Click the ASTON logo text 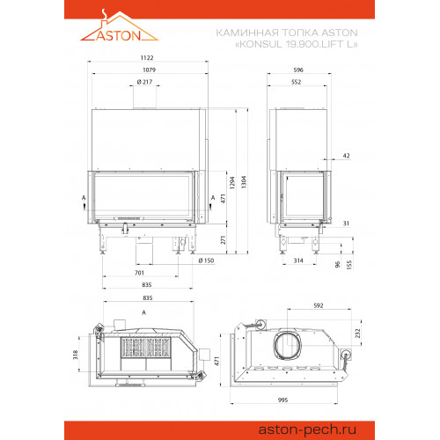coord(119,35)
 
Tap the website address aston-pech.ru coord(307,429)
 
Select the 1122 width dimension coord(147,58)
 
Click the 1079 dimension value coord(149,70)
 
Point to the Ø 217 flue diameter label coord(144,82)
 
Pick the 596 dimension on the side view coord(298,70)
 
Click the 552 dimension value coord(297,82)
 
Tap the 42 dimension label coord(347,156)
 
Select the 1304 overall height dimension coord(244,182)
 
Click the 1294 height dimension coord(232,182)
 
